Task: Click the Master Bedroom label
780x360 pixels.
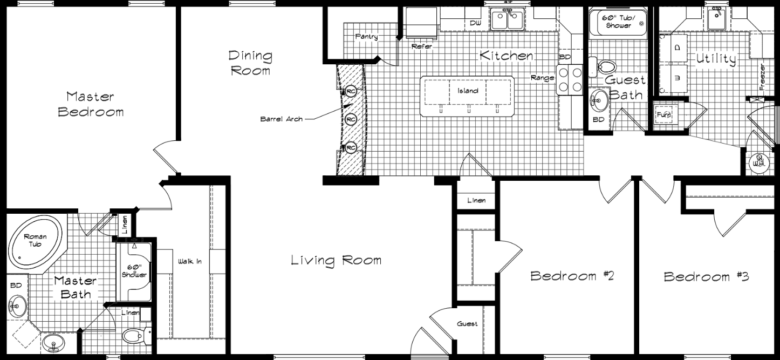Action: click(91, 104)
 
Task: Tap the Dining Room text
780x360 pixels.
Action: click(250, 63)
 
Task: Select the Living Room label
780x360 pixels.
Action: click(336, 261)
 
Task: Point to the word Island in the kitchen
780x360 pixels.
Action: click(468, 91)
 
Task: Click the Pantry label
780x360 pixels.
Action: click(366, 37)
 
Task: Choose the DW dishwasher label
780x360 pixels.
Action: click(475, 23)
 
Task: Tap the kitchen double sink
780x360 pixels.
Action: click(507, 21)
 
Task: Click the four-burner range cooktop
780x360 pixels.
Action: click(570, 79)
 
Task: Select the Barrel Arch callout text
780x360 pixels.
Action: click(281, 119)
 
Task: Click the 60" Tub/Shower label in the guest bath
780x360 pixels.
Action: click(618, 22)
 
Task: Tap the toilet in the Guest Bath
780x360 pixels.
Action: click(604, 67)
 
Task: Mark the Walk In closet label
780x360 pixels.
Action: click(190, 262)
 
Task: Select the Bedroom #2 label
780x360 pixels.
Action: click(573, 276)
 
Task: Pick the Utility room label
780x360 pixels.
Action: click(716, 58)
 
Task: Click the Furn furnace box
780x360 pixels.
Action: click(663, 115)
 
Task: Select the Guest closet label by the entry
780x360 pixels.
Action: click(467, 324)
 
